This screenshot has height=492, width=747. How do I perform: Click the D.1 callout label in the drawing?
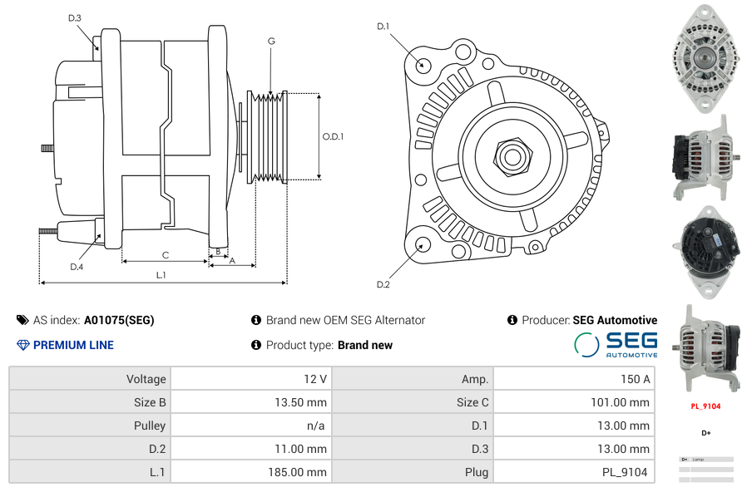pos(383,27)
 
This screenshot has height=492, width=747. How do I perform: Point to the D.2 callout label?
pos(383,285)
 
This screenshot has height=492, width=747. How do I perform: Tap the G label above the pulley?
pos(271,42)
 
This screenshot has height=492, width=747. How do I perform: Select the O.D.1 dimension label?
pos(333,136)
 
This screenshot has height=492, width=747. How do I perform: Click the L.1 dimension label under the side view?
pos(161,275)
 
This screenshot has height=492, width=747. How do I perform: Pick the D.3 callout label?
pos(75,17)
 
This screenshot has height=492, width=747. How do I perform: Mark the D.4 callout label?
pos(77,267)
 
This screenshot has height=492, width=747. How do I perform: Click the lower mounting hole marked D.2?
pos(423,244)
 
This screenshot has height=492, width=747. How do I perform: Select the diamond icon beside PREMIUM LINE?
pos(22,345)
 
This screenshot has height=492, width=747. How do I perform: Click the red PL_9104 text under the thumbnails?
pos(705,406)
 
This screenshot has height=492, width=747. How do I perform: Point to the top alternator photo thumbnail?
pos(705,57)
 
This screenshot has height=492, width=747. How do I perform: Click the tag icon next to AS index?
pos(22,320)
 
